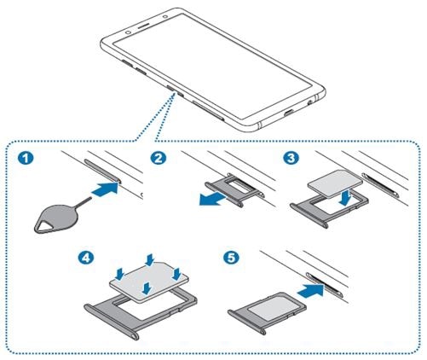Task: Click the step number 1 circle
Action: point(26,158)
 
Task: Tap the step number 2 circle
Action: point(159,158)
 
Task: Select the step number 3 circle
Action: point(291,157)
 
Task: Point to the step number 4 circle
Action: point(86,258)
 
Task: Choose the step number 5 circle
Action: point(231,258)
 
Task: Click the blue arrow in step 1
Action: point(106,189)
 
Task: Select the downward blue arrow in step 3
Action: point(344,198)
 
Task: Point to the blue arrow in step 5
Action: point(310,291)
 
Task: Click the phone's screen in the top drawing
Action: point(211,66)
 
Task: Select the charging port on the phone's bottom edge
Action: point(290,113)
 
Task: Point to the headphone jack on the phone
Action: point(310,102)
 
